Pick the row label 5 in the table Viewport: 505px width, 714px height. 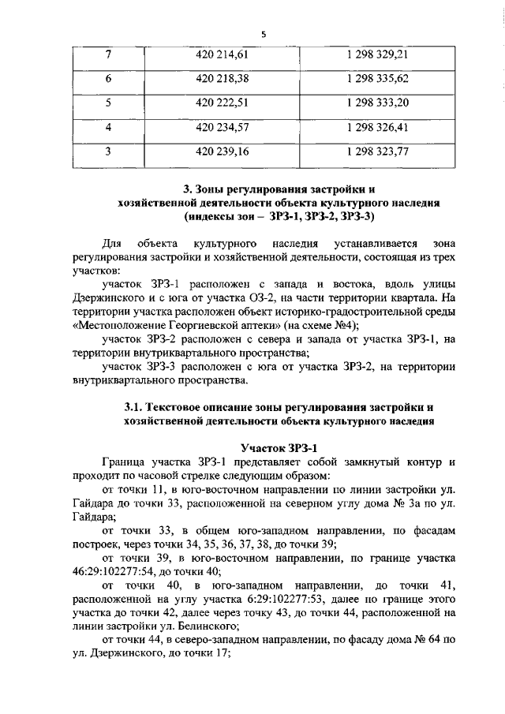click(x=107, y=103)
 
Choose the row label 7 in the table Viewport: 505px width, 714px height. click(x=107, y=54)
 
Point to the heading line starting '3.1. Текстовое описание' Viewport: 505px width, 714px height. click(x=272, y=407)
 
